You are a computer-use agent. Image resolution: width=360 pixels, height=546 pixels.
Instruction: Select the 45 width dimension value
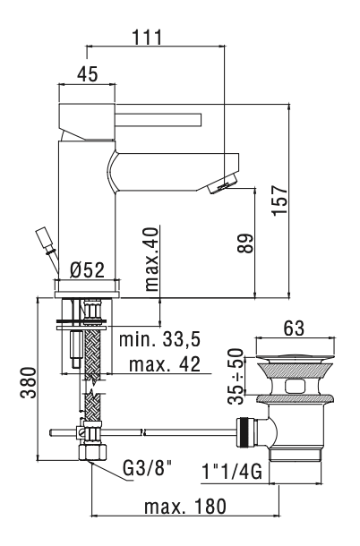tap(87, 75)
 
